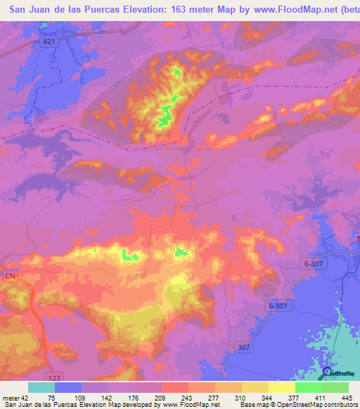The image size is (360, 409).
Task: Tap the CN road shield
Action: click(x=10, y=276)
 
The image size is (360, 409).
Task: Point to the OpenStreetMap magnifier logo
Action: click(x=327, y=373)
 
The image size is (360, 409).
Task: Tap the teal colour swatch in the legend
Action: click(x=41, y=387)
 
